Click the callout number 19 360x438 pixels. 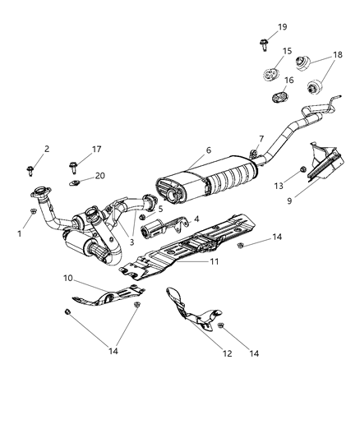pos(283,27)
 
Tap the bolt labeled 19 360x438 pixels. pos(263,45)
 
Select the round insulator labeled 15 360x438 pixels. pos(271,74)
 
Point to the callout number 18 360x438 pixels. pos(338,54)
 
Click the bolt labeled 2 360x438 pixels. pos(30,171)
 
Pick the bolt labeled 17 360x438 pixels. pos(73,168)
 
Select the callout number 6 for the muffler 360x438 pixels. pos(209,150)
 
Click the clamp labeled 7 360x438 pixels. pos(254,154)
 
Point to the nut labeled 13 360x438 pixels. pos(302,169)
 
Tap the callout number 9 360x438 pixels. pos(289,201)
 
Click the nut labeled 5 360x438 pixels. pos(142,217)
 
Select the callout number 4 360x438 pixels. pos(196,219)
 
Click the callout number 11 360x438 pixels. pos(215,261)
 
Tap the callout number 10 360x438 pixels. pos(68,279)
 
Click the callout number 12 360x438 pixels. pos(228,353)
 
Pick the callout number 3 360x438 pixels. pos(132,242)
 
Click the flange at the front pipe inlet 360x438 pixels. pos(41,192)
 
